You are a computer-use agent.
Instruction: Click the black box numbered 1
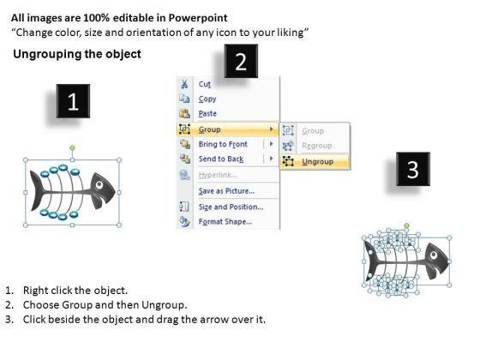73,101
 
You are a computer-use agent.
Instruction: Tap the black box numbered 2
241,61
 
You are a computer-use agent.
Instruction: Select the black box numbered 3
413,169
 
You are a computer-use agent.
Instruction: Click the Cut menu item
205,84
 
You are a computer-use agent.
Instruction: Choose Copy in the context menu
207,99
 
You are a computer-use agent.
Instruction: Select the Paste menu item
207,113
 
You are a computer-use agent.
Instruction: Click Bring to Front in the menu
223,144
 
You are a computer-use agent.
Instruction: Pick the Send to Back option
221,159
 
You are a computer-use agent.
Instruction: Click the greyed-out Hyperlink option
218,175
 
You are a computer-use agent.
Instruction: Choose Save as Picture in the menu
226,191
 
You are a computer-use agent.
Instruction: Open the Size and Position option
231,207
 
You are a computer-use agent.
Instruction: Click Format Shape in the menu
225,222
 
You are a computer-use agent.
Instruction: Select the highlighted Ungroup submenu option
317,161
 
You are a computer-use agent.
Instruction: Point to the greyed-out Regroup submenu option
317,146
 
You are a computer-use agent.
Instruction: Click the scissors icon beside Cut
184,84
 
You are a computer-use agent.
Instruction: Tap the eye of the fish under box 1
99,184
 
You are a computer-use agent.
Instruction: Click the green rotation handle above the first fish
72,148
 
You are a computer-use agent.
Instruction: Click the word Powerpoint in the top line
198,18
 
